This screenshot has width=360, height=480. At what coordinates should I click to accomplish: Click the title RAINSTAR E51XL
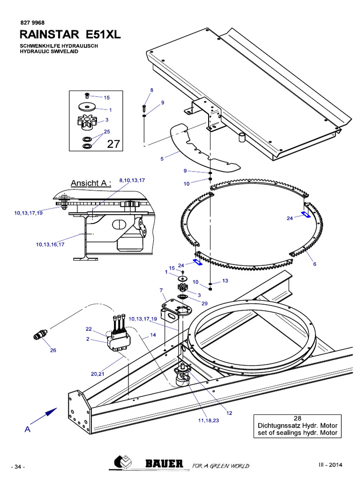[70, 34]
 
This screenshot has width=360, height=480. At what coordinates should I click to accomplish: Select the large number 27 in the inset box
[113, 144]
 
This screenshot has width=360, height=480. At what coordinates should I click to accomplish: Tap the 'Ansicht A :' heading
[91, 183]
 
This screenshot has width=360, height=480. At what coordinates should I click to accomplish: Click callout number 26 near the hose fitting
[52, 350]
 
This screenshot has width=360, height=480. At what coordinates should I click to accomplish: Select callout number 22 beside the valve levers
[88, 329]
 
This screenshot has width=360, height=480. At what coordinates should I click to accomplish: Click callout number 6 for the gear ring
[315, 264]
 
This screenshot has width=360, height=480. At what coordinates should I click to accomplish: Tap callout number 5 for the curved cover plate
[162, 159]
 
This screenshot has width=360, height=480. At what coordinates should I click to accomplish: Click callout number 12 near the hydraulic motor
[229, 413]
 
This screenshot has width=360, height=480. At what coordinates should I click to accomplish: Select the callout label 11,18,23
[209, 421]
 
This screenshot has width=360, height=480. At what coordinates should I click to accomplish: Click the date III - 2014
[331, 465]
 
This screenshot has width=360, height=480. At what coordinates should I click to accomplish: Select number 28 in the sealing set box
[297, 418]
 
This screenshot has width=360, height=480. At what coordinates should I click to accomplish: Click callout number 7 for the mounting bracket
[161, 291]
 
